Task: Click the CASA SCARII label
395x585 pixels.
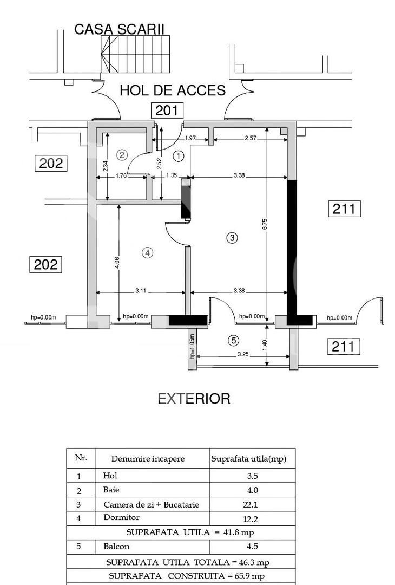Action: point(119,29)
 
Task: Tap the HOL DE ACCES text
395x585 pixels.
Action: point(172,90)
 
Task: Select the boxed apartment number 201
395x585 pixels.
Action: point(167,110)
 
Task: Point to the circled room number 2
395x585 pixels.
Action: point(122,155)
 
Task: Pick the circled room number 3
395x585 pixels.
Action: point(232,237)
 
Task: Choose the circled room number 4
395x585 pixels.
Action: point(148,252)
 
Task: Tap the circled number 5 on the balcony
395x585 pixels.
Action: point(233,340)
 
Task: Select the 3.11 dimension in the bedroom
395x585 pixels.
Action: point(141,291)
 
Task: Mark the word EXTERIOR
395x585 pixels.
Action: point(194,399)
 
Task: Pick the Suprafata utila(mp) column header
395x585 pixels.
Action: point(248,459)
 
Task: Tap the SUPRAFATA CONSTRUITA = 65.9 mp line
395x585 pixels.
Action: point(186,576)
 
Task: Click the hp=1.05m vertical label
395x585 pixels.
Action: point(192,347)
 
